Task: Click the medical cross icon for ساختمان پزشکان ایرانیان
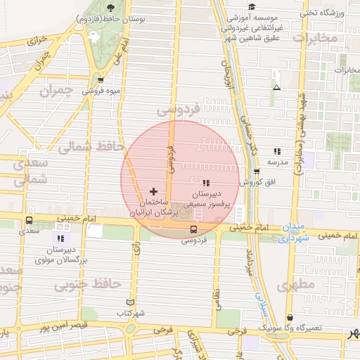click(x=153, y=191)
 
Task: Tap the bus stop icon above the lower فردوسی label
click(x=193, y=229)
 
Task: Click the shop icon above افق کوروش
click(x=256, y=171)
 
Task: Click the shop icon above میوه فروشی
click(x=101, y=80)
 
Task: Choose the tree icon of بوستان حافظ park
click(x=111, y=7)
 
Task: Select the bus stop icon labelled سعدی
click(x=29, y=219)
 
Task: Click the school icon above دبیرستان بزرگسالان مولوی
click(x=61, y=238)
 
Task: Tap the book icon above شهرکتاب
click(x=129, y=302)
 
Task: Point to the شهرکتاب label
click(x=130, y=312)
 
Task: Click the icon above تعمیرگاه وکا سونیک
click(x=290, y=318)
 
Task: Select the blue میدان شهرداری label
click(x=290, y=233)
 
